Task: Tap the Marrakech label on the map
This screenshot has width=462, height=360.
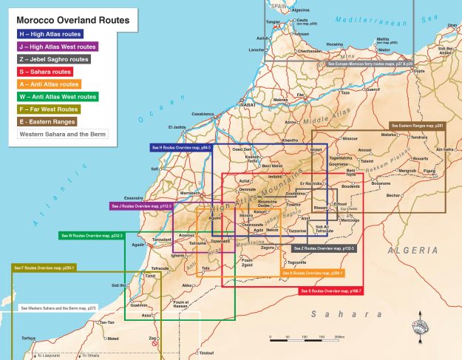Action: [191, 193]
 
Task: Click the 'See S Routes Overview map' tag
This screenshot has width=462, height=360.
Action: [330, 291]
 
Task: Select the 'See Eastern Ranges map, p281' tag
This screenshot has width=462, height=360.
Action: [417, 126]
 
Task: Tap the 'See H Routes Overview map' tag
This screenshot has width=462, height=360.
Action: [181, 148]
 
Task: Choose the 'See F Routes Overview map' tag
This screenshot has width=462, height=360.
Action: [44, 267]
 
